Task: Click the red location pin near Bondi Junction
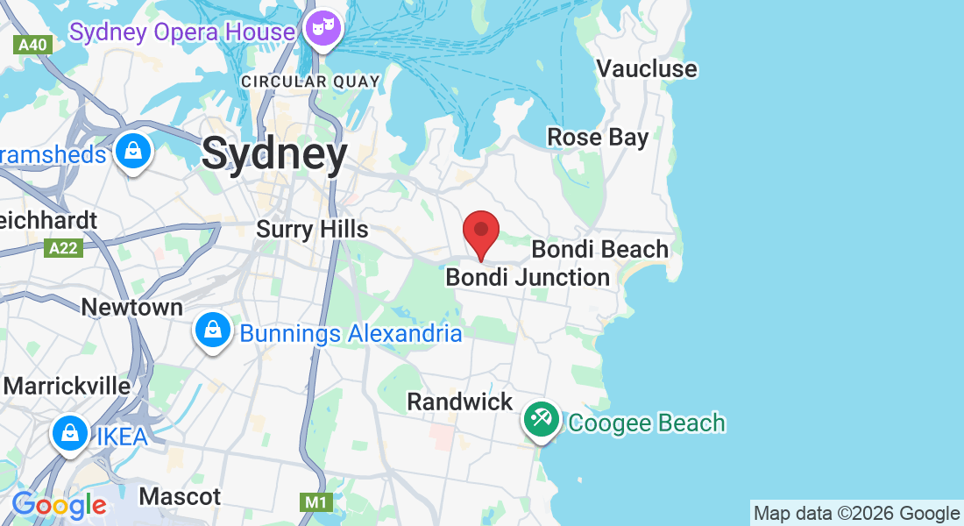tap(481, 231)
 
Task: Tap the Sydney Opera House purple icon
tap(323, 29)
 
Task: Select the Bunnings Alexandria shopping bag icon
tap(213, 331)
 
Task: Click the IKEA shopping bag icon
tap(69, 433)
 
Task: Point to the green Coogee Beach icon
tap(542, 419)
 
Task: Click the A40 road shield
tap(34, 45)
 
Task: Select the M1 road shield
tap(315, 502)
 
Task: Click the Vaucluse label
tap(647, 68)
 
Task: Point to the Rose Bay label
tap(598, 137)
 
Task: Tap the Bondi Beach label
tap(599, 249)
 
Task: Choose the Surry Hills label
tap(312, 229)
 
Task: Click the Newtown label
tap(132, 307)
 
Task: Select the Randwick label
tap(460, 402)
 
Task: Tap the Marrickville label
tap(67, 386)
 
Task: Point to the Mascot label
tap(180, 496)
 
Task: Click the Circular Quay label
tap(311, 82)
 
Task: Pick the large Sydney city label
tap(274, 154)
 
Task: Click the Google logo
tap(59, 505)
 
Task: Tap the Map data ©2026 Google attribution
tap(856, 513)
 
